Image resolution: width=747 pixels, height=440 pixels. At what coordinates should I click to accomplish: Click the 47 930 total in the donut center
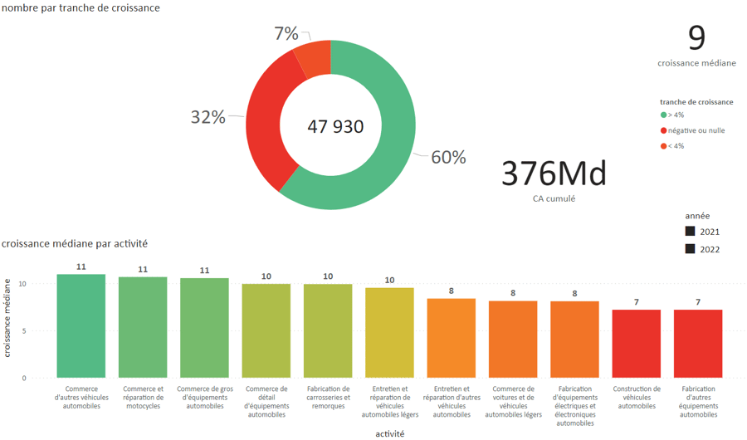[x=335, y=127]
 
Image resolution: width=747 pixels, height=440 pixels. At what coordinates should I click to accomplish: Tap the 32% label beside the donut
[x=207, y=117]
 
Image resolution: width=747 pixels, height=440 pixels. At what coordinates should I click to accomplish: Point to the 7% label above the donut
[x=286, y=33]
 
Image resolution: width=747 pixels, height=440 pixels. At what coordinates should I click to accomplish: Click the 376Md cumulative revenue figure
[x=554, y=174]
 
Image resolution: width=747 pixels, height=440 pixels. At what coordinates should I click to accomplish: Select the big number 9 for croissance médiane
[x=696, y=38]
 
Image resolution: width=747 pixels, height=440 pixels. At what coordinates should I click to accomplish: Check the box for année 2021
[x=690, y=231]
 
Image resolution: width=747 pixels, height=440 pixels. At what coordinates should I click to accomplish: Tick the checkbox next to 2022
[x=690, y=249]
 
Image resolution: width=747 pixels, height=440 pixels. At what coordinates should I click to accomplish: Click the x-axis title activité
[x=389, y=433]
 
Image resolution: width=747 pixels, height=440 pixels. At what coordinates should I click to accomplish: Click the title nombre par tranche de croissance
[x=81, y=7]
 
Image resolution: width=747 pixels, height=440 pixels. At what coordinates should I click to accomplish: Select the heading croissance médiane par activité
[x=75, y=244]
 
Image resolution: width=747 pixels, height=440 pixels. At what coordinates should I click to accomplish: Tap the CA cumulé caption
[x=554, y=198]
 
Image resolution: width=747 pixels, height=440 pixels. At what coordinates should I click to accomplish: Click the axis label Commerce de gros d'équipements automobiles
[x=204, y=397]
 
